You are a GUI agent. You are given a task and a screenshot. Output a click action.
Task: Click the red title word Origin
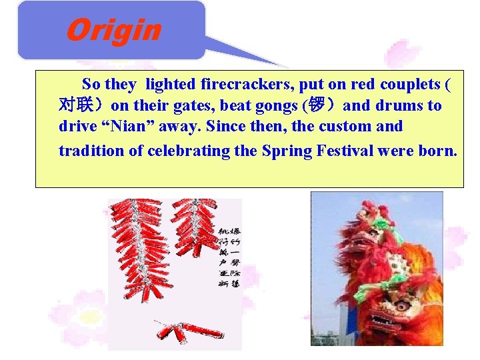113,31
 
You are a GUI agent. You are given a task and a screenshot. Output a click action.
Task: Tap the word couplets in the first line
409,85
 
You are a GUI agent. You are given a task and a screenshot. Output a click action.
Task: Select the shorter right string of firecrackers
195,227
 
